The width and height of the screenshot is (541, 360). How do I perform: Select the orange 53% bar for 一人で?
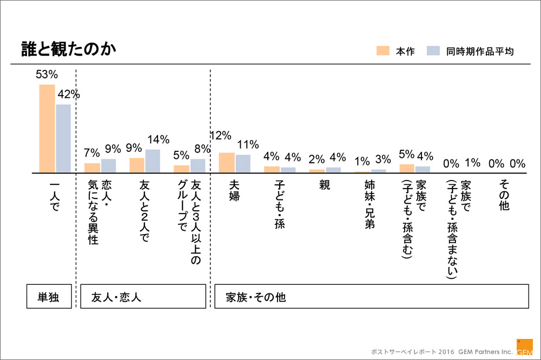(47, 129)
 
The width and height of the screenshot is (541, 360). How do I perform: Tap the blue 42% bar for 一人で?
(63, 138)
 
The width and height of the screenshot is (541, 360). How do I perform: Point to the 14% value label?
(157, 139)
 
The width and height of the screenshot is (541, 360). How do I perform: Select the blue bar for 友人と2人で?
(153, 161)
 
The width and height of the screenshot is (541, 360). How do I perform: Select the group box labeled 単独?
(49, 297)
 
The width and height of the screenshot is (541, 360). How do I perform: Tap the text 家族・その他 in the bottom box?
(256, 297)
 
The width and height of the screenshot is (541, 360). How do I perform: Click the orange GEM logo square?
(524, 347)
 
